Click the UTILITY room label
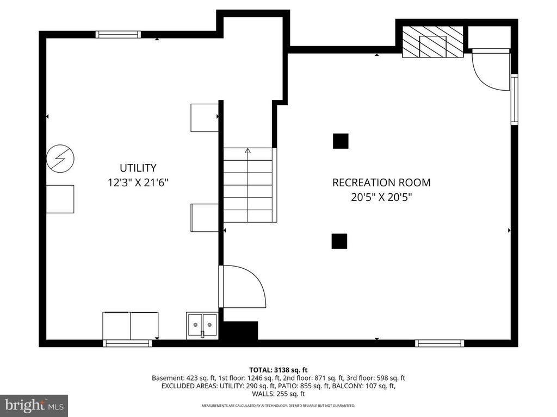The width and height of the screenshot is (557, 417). point(138,168)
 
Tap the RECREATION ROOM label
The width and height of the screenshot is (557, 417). point(381,182)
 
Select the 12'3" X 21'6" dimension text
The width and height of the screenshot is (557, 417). point(138,183)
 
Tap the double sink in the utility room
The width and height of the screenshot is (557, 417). point(201,326)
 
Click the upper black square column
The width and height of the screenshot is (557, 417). point(341,141)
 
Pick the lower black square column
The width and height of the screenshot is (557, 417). point(339,241)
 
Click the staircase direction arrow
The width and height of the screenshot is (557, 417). point(248,151)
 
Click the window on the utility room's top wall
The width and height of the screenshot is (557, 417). point(118,34)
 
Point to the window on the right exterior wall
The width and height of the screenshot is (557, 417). point(514,100)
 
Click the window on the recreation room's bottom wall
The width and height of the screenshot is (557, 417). point(440,343)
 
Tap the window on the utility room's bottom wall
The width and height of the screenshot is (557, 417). point(127,343)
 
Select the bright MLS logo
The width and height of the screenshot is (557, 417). point(34,405)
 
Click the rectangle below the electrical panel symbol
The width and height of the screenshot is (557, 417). point(60,199)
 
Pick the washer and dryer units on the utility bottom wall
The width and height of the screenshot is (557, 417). point(131,325)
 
